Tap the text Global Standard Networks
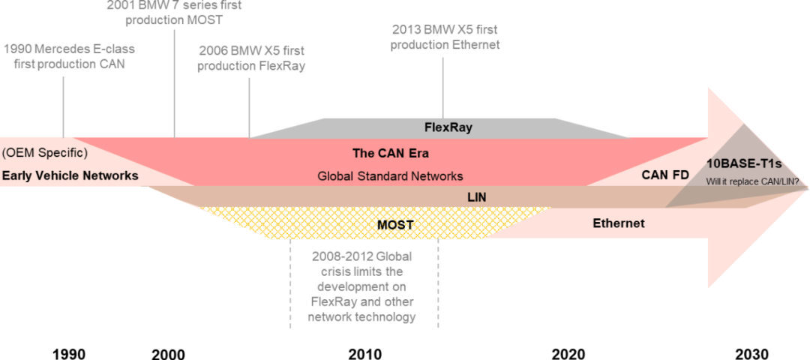point(391,176)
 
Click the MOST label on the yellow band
point(395,224)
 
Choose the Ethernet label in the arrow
point(619,223)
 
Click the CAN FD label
point(664,175)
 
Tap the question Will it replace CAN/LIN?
point(752,181)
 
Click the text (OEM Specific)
point(44,153)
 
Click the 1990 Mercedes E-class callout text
point(69,57)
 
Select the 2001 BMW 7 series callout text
point(174,12)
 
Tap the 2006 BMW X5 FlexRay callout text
point(251,58)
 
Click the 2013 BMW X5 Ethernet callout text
point(445,37)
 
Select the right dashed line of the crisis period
point(438,285)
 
